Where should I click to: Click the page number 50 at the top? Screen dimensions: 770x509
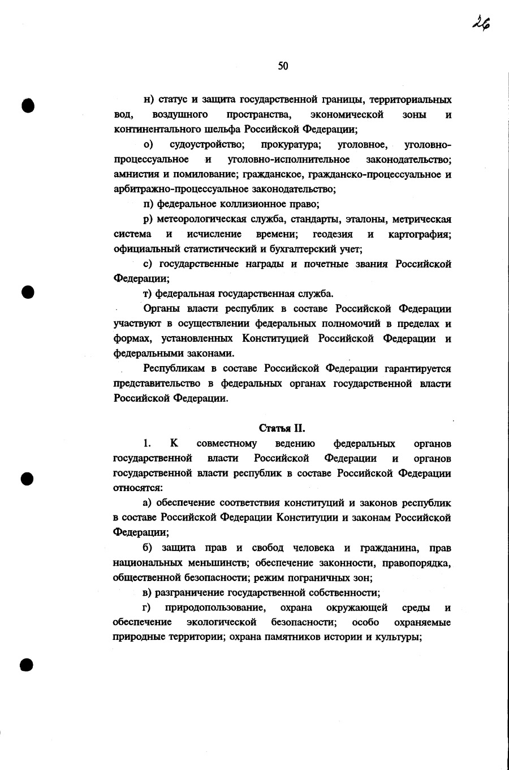(x=283, y=66)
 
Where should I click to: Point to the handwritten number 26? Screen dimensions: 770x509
(x=481, y=23)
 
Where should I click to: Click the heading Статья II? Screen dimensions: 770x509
(x=282, y=428)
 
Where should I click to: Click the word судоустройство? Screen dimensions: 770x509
(x=207, y=145)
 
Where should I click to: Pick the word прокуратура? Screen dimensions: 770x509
(x=291, y=145)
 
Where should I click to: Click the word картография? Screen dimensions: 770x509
(x=420, y=234)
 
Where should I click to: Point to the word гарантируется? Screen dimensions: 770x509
(x=417, y=368)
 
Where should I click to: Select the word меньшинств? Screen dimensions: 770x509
(x=217, y=562)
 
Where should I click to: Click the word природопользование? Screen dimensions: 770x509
(x=215, y=608)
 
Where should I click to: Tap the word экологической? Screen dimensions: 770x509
(x=222, y=622)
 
